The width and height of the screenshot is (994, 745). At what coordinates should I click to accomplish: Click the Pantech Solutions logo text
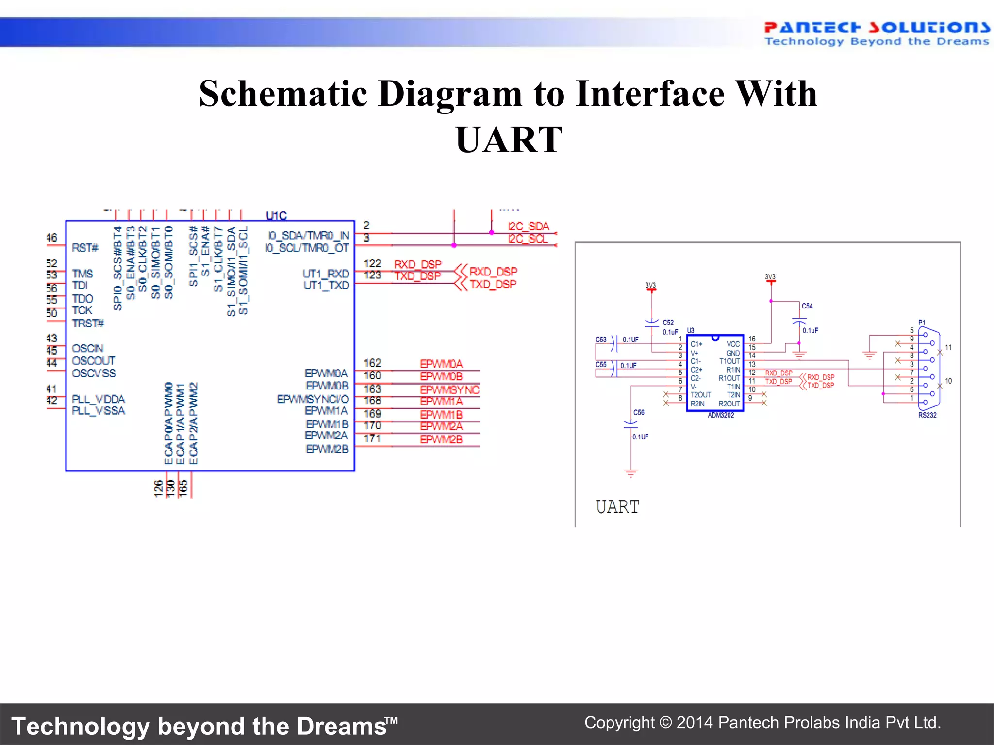(877, 27)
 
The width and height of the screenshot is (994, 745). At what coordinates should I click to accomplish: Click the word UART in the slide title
(509, 140)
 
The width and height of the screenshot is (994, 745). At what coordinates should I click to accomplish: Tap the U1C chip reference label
(276, 215)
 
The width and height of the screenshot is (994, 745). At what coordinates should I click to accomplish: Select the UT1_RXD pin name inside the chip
(326, 274)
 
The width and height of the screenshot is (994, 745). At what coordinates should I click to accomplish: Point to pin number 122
(372, 263)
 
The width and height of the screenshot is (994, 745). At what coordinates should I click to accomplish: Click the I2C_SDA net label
(528, 226)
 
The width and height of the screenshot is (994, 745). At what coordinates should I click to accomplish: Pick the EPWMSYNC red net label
(449, 389)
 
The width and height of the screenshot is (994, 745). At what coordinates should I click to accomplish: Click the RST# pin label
(85, 248)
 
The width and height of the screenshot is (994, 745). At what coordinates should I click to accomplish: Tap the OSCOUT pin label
(93, 360)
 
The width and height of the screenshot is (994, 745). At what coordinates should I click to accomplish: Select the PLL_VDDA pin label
(98, 399)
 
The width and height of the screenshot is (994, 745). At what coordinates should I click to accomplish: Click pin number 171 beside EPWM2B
(372, 438)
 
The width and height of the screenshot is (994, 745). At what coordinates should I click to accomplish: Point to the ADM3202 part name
(721, 415)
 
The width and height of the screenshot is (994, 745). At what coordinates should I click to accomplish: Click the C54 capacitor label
(807, 306)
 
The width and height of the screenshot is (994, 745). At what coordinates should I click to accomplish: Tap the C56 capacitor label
(639, 412)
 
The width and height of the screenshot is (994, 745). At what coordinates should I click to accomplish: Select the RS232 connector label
(927, 415)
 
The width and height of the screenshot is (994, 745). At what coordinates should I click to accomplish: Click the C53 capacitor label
(601, 340)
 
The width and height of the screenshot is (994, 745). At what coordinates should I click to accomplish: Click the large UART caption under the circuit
(617, 507)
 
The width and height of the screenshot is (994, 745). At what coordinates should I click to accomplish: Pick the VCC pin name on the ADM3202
(733, 344)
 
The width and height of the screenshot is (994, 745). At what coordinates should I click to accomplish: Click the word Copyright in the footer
(619, 723)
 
